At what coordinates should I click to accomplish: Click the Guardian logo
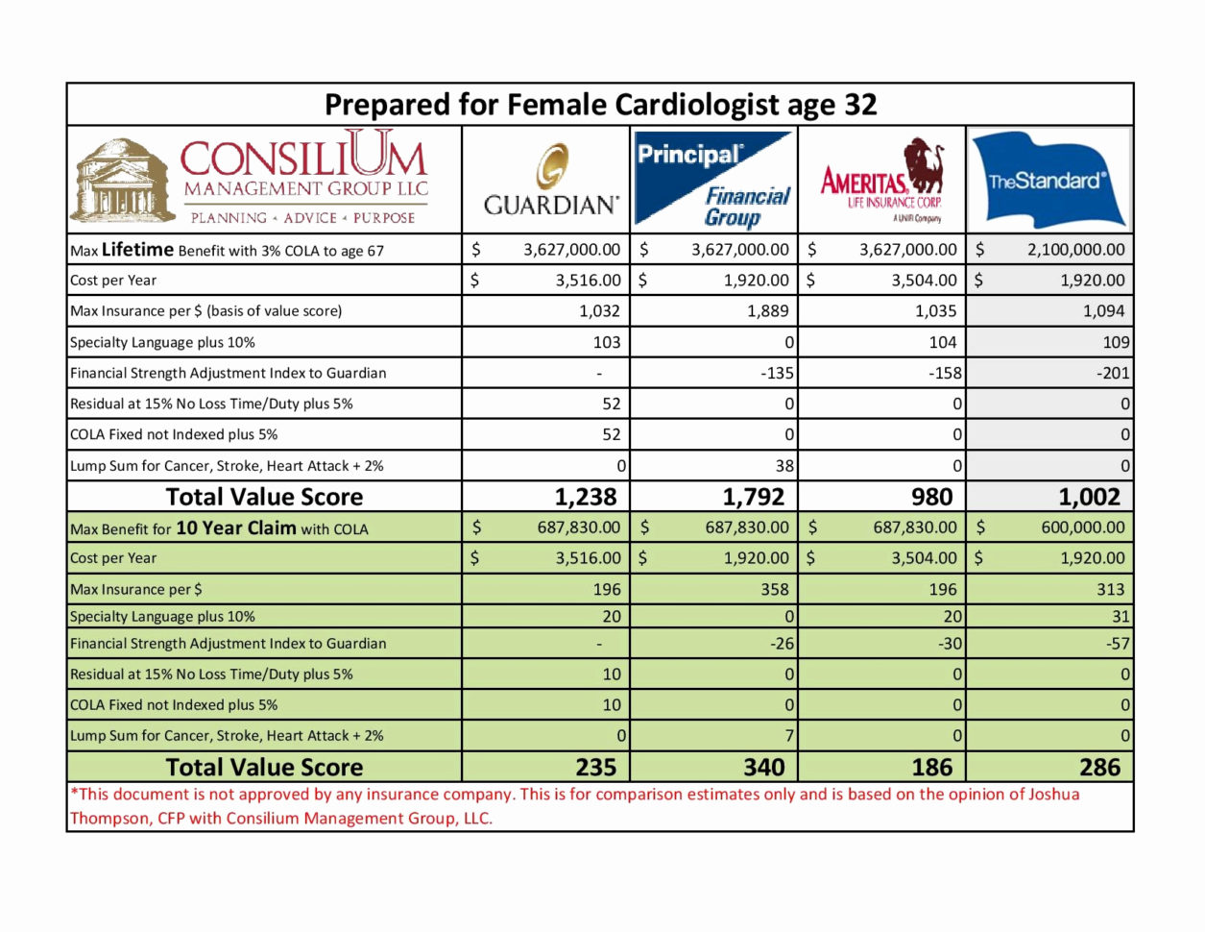(x=550, y=181)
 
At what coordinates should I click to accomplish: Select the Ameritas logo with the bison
(x=881, y=181)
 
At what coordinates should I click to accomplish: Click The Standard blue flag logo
(x=1048, y=181)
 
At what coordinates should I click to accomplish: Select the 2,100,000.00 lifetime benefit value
(x=1075, y=250)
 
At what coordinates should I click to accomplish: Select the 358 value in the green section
(x=774, y=589)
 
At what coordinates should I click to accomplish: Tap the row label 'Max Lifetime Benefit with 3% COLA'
(x=227, y=250)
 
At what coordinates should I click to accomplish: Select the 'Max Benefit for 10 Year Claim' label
(x=219, y=527)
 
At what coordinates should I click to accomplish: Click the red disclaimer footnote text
(x=574, y=806)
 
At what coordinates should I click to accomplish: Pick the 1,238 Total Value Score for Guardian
(x=585, y=497)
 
